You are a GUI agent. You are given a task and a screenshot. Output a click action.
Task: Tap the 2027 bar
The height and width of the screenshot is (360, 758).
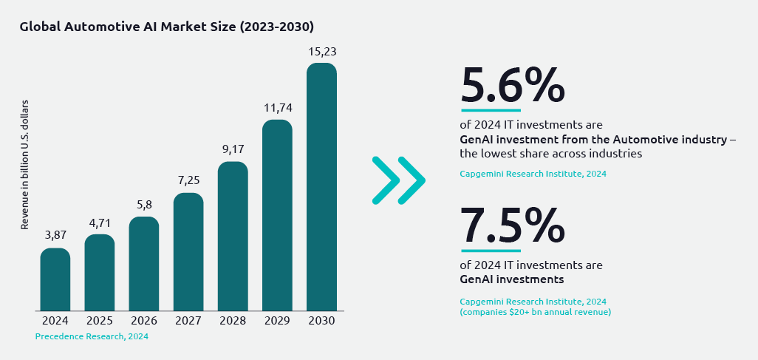click(x=188, y=251)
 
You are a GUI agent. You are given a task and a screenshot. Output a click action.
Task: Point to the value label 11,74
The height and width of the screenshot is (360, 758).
click(x=277, y=108)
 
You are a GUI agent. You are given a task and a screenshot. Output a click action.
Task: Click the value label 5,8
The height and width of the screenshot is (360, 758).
click(x=144, y=205)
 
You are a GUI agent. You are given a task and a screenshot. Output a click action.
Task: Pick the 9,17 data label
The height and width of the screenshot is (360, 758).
click(x=233, y=149)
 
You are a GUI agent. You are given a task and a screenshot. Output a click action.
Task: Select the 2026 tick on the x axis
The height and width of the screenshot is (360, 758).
click(x=144, y=321)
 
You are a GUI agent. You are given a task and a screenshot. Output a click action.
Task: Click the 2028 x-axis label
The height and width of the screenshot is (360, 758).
click(x=233, y=321)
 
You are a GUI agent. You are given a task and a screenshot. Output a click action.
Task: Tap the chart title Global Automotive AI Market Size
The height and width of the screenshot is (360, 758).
click(x=167, y=27)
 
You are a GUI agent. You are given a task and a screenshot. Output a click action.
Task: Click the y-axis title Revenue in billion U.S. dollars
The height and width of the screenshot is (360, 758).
click(x=24, y=164)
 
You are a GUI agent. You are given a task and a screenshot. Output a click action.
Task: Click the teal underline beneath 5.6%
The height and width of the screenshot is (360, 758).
click(x=491, y=110)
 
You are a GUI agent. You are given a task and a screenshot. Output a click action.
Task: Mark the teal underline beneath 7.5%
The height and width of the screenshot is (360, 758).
click(x=491, y=250)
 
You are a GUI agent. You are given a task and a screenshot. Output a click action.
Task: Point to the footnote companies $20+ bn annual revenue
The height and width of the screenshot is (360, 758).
click(x=535, y=312)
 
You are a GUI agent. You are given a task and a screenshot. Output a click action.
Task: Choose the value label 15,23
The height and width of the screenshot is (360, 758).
click(x=321, y=52)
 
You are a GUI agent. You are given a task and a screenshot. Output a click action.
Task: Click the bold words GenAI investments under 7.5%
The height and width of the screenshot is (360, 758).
click(x=511, y=279)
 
